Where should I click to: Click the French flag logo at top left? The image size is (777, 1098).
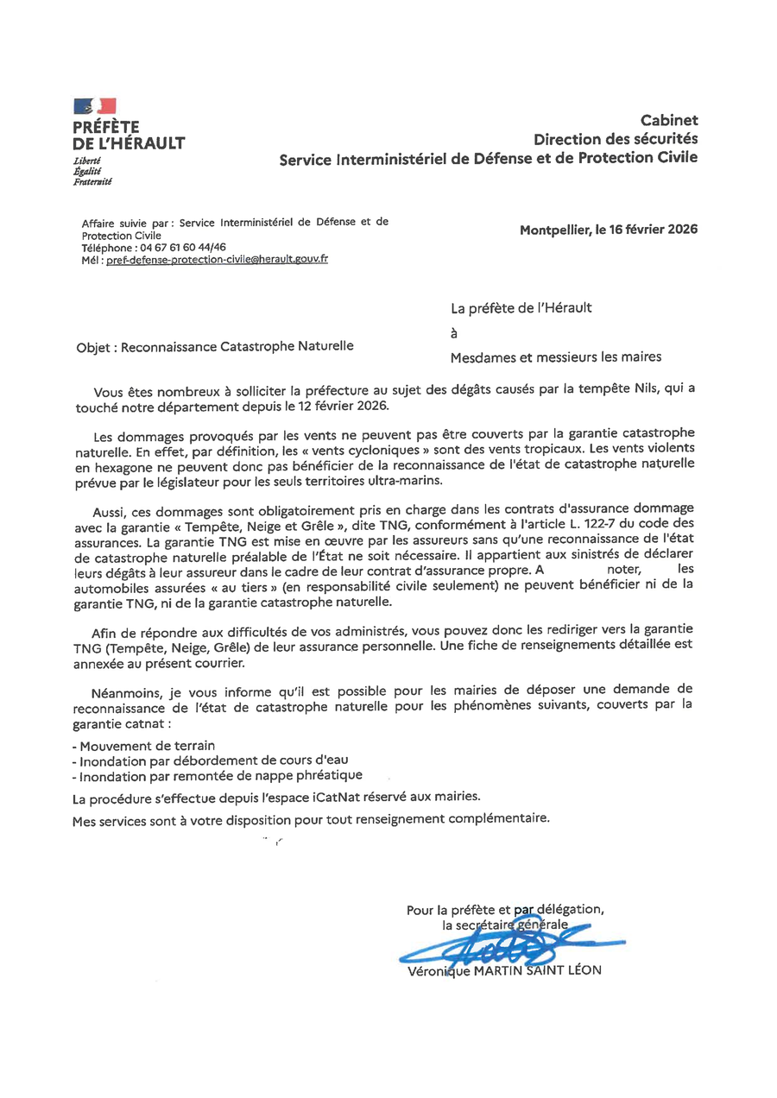click(x=95, y=106)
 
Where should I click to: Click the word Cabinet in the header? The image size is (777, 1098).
click(x=668, y=121)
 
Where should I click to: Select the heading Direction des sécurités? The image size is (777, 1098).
click(x=615, y=139)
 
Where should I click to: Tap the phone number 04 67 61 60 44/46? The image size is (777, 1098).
click(x=183, y=247)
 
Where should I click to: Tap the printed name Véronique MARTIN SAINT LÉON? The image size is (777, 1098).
click(x=502, y=970)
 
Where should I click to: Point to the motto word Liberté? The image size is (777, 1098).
click(x=86, y=161)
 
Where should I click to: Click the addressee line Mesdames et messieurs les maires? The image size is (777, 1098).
click(x=556, y=357)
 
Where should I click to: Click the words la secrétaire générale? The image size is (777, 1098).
click(x=504, y=924)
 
